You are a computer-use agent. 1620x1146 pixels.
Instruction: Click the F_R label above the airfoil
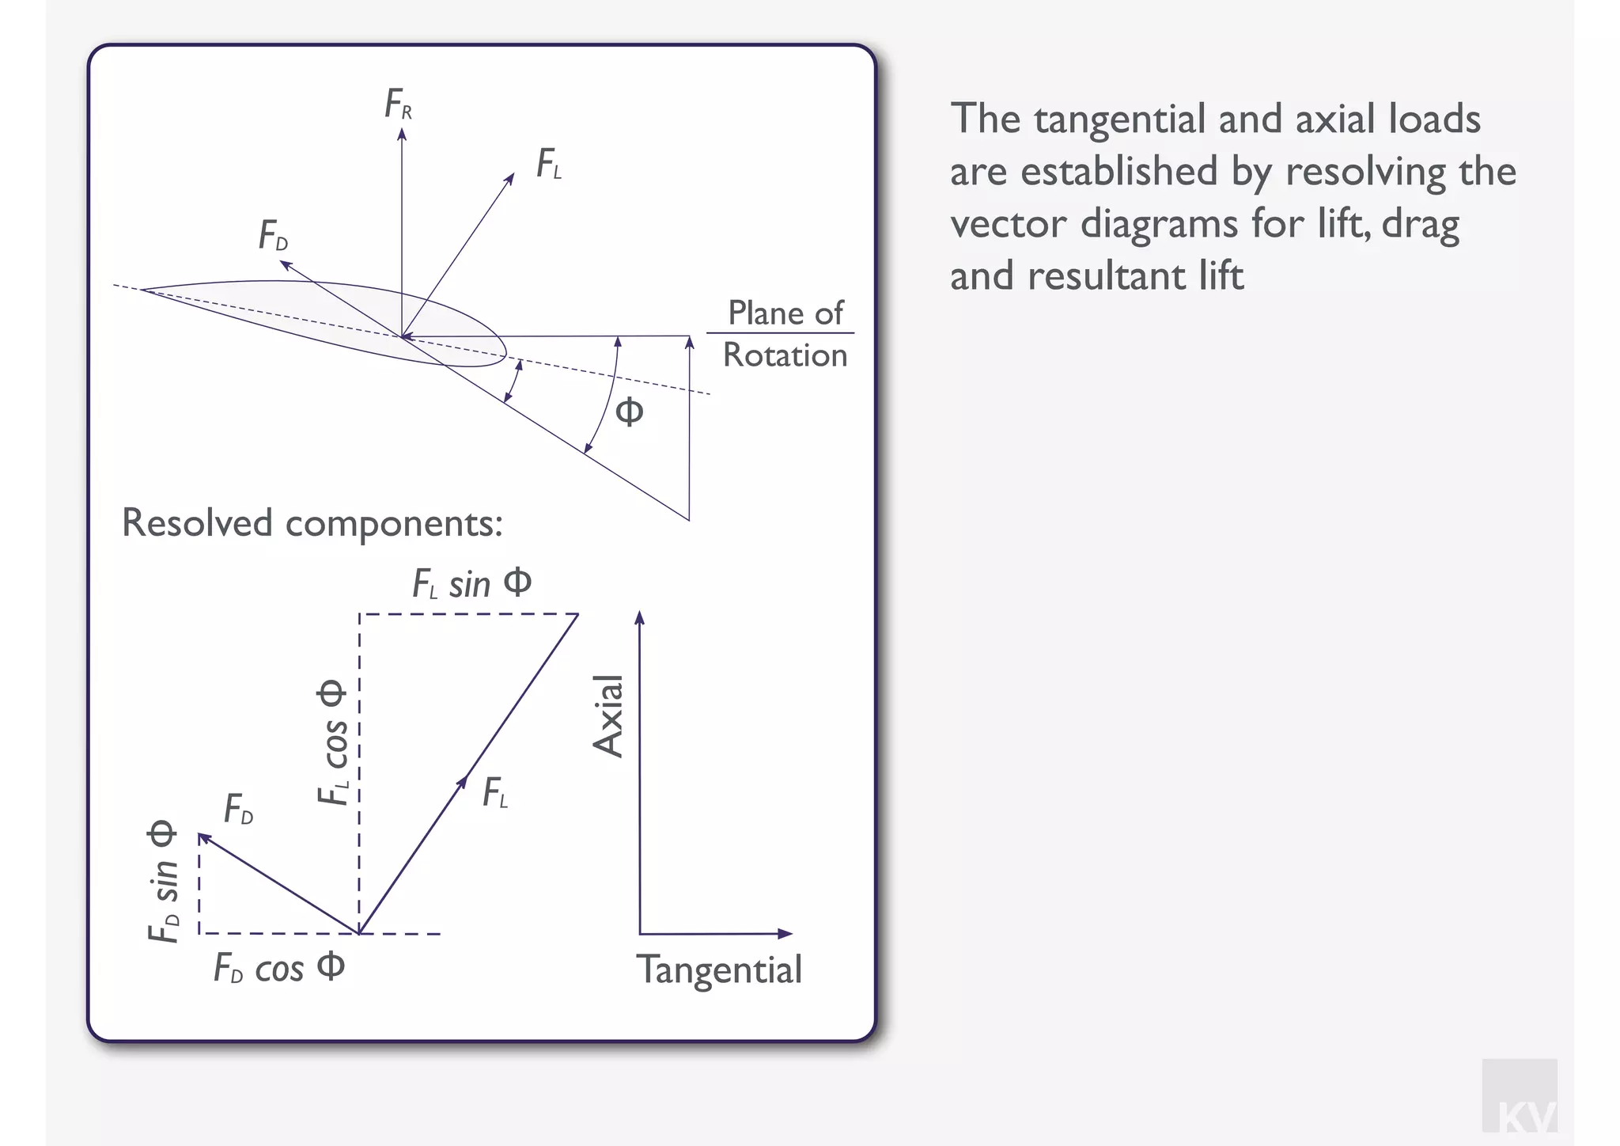(398, 104)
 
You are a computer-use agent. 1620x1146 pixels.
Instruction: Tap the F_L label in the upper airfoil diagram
(548, 165)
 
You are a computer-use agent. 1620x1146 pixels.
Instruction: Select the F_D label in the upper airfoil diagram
(273, 236)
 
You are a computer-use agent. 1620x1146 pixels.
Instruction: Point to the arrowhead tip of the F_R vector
(402, 131)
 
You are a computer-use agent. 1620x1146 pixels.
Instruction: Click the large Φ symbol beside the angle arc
(629, 412)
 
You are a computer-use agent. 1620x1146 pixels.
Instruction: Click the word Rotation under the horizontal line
(785, 355)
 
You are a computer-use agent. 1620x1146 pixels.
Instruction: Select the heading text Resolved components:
(312, 523)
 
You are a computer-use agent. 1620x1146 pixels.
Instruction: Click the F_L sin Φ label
(471, 584)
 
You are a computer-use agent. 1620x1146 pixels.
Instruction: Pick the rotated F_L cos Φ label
(332, 742)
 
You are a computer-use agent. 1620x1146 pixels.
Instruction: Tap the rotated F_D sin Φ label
(163, 882)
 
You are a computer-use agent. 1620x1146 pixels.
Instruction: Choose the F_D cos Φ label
(279, 968)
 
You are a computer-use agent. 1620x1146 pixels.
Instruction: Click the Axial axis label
(608, 716)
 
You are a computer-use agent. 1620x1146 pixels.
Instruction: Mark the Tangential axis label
(719, 970)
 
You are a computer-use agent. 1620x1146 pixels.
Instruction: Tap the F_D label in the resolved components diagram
(238, 810)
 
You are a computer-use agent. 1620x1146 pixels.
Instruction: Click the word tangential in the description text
(1118, 120)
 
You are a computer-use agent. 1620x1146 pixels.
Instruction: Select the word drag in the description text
(1420, 225)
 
